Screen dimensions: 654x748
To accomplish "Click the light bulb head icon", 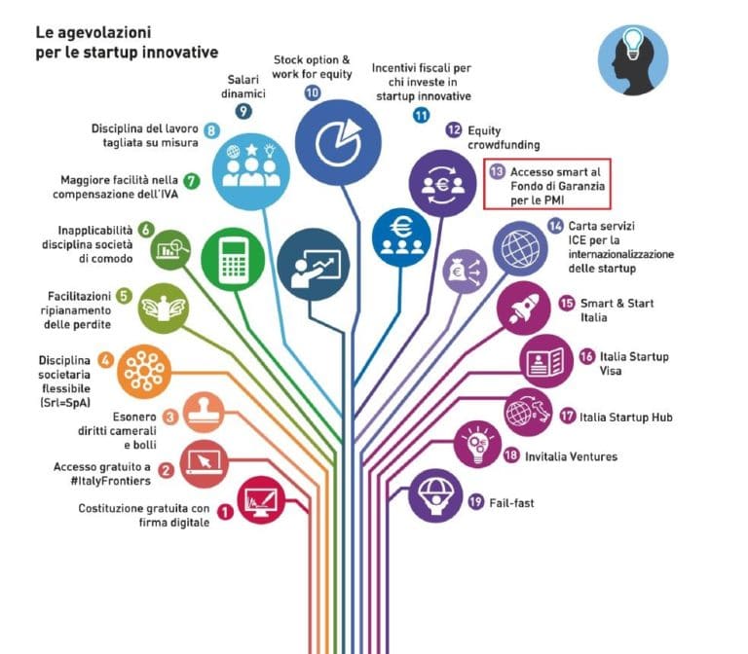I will coord(633,59).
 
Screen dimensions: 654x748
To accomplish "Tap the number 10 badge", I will coord(313,92).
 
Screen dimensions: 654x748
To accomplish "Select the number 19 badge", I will coord(476,502).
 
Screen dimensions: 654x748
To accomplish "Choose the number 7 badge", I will coord(192,180).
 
